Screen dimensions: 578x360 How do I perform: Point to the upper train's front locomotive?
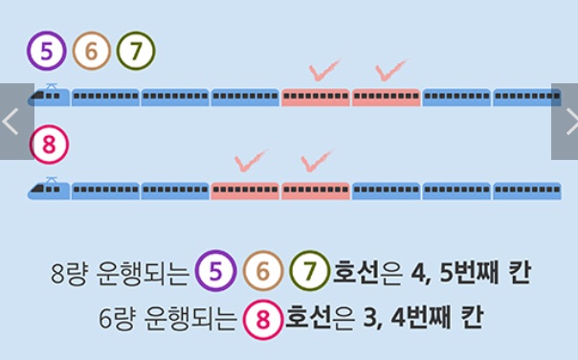[x=49, y=96]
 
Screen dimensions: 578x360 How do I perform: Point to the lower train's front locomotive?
[x=49, y=190]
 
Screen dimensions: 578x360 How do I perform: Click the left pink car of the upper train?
[x=315, y=97]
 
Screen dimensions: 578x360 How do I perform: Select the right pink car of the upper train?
[x=386, y=97]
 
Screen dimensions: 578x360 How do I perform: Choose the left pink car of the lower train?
[x=245, y=190]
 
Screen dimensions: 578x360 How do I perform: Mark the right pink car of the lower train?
[x=315, y=190]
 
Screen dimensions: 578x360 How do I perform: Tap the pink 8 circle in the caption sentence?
[x=260, y=318]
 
